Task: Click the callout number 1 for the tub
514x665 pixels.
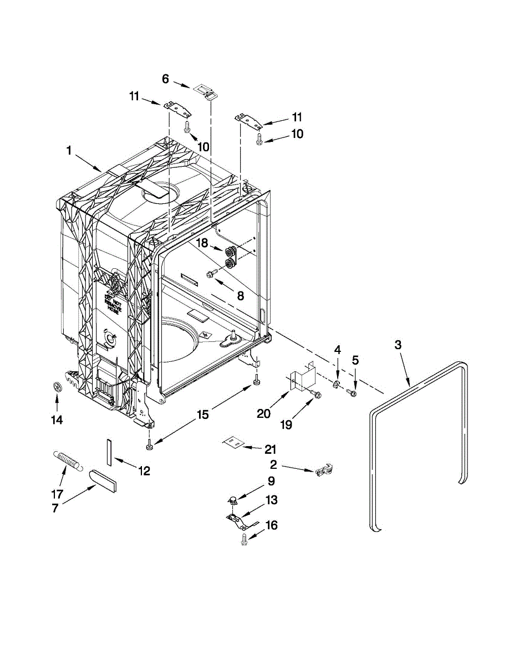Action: click(69, 150)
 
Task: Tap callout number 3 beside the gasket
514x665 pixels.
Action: click(398, 345)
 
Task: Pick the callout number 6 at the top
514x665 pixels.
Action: click(165, 79)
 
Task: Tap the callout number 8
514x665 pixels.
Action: click(240, 296)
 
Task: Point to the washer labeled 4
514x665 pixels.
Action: click(337, 385)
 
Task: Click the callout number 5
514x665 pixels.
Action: click(355, 360)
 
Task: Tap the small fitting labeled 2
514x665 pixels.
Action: click(323, 470)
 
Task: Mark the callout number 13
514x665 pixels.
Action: click(271, 500)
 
